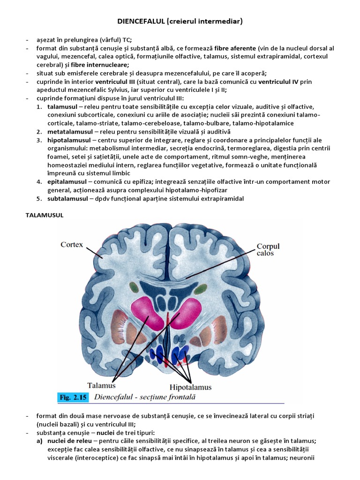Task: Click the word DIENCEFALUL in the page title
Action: pyautogui.click(x=139, y=22)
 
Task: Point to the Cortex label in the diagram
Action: pyautogui.click(x=72, y=245)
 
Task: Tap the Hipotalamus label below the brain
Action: pyautogui.click(x=190, y=387)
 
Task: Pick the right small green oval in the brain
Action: pyautogui.click(x=201, y=287)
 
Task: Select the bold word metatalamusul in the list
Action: pyautogui.click(x=69, y=132)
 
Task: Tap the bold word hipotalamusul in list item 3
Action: pyautogui.click(x=66, y=140)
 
